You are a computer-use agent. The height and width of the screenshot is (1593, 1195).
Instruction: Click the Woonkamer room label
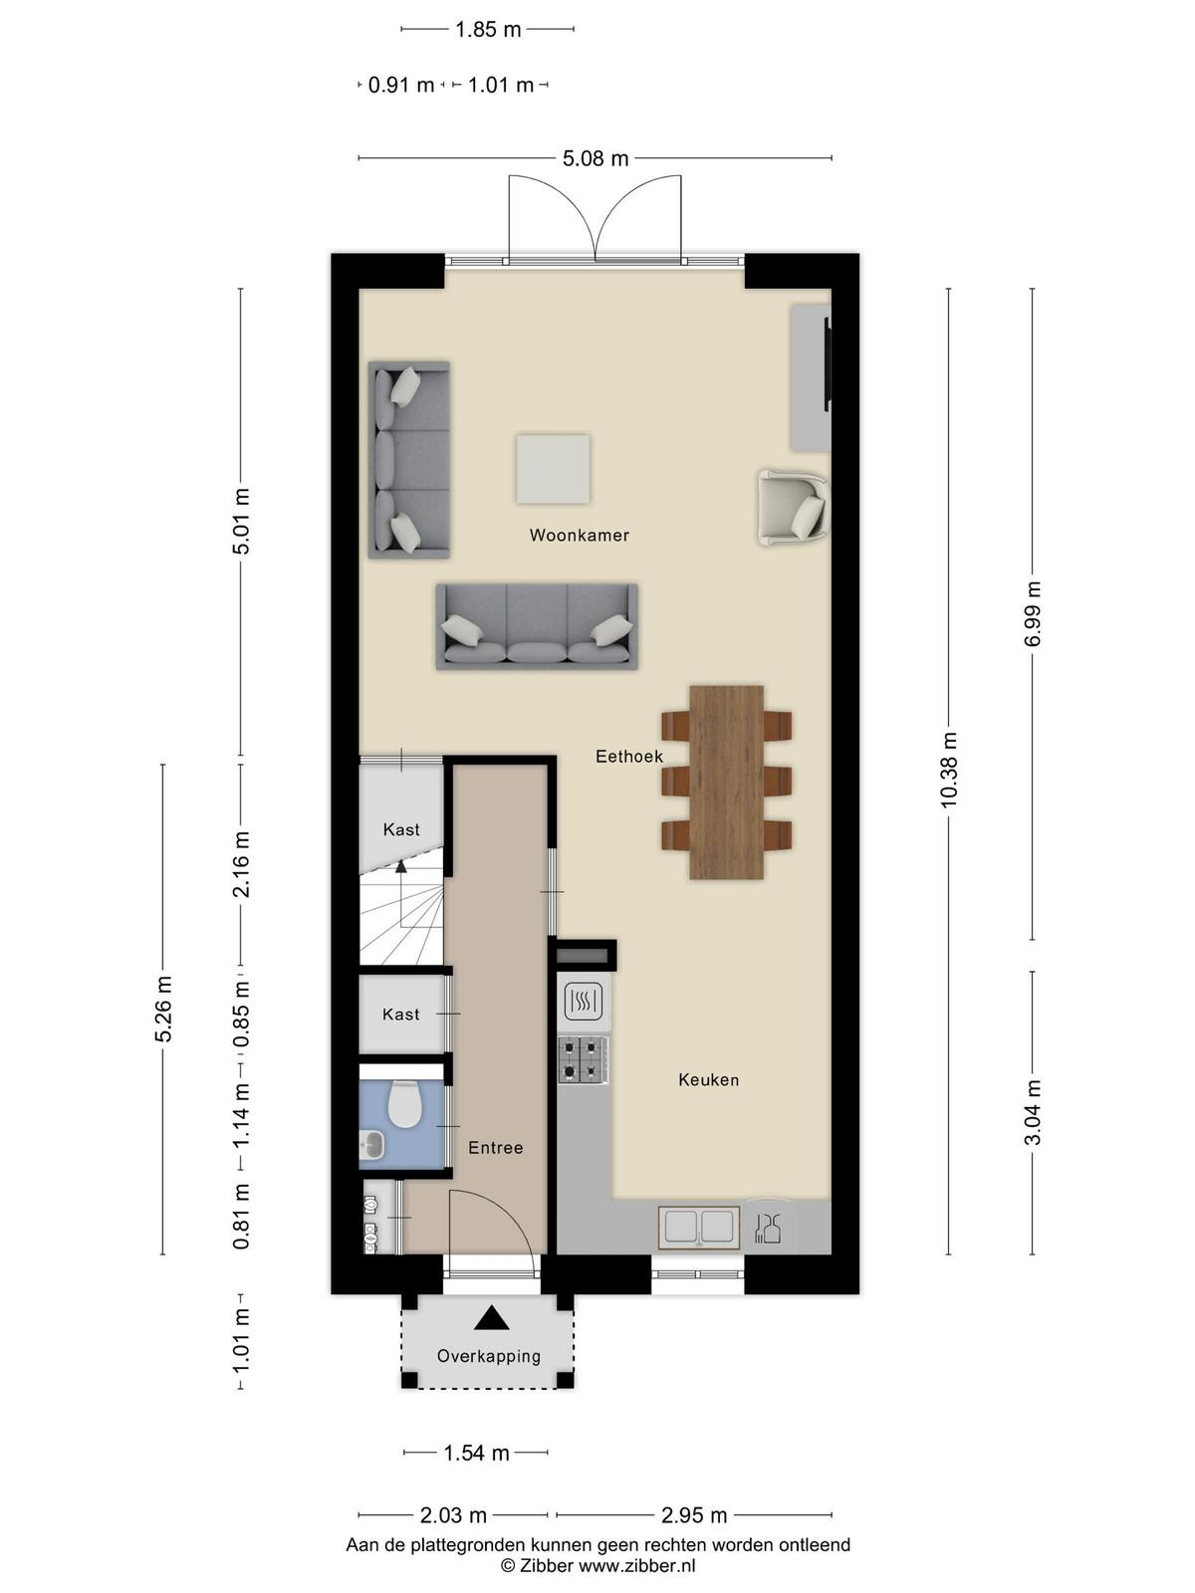[579, 535]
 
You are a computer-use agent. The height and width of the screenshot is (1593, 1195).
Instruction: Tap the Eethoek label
[629, 757]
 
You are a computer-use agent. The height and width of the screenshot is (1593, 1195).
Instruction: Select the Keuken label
[708, 1079]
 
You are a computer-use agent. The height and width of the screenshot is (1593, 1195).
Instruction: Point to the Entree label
[496, 1147]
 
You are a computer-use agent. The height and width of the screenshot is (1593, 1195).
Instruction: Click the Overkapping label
[488, 1356]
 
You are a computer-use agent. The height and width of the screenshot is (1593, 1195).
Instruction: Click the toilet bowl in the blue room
[405, 1104]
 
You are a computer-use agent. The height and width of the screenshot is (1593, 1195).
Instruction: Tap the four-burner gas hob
[584, 1060]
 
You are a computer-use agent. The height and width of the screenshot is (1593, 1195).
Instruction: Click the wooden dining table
[726, 783]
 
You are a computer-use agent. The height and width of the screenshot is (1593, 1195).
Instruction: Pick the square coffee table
[553, 469]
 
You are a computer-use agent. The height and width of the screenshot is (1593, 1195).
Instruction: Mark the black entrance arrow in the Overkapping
[491, 1318]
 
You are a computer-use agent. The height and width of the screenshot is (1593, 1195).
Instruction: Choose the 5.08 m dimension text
[595, 158]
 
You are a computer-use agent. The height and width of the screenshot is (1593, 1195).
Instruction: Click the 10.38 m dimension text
[949, 770]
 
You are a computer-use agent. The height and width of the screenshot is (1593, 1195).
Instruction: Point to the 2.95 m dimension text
[694, 1514]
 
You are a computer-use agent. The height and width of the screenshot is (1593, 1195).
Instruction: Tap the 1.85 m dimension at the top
[488, 29]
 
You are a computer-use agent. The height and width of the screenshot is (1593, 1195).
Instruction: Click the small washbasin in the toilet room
[372, 1146]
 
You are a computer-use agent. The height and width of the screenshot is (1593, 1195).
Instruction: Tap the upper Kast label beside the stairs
[401, 828]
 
